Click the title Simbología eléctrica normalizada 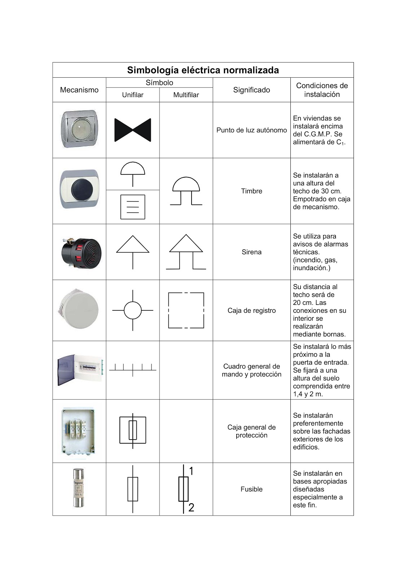coord(203,70)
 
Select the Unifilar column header coord(132,95)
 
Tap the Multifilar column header coord(186,95)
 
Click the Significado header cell coord(251,90)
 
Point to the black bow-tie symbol coord(132,130)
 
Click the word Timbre coord(251,191)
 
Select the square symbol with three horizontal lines coord(132,207)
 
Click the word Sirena coord(251,252)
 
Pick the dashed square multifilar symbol coord(186,310)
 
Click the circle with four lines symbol coord(132,310)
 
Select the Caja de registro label coord(251,311)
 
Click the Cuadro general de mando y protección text coord(251,370)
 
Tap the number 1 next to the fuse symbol coord(192,471)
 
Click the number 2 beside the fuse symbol coord(192,508)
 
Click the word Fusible coord(251,489)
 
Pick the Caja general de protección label coord(251,431)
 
